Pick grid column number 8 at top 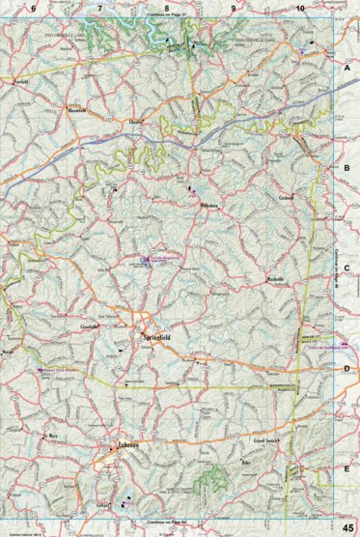coord(166,9)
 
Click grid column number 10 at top coord(300,9)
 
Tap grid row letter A coord(346,70)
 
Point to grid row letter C coord(346,269)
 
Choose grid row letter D coord(346,368)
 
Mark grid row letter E coord(346,468)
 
